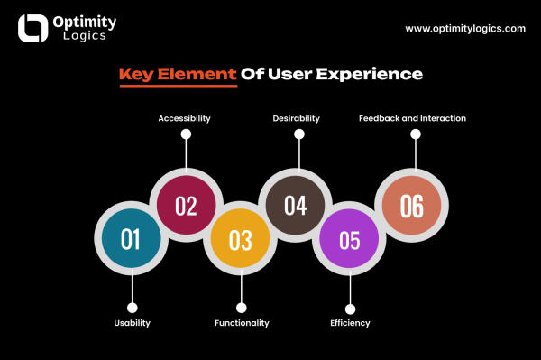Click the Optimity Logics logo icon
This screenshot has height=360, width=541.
33,28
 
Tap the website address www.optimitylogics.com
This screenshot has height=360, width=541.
464,28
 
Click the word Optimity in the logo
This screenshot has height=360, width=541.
83,21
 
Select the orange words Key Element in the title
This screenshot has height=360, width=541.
177,74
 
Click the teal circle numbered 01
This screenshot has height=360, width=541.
131,239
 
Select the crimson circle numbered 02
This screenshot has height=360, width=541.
186,206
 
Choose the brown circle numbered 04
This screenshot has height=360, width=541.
296,206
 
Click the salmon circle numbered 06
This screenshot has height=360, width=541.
412,207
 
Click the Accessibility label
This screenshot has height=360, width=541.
186,118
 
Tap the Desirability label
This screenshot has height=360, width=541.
298,118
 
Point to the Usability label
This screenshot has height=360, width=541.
132,323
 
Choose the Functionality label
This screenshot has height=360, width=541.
242,323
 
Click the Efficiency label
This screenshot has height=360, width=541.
350,323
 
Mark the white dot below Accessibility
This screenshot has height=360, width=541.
186,134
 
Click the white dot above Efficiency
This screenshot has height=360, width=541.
350,309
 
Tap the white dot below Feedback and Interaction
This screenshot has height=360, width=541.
416,134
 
